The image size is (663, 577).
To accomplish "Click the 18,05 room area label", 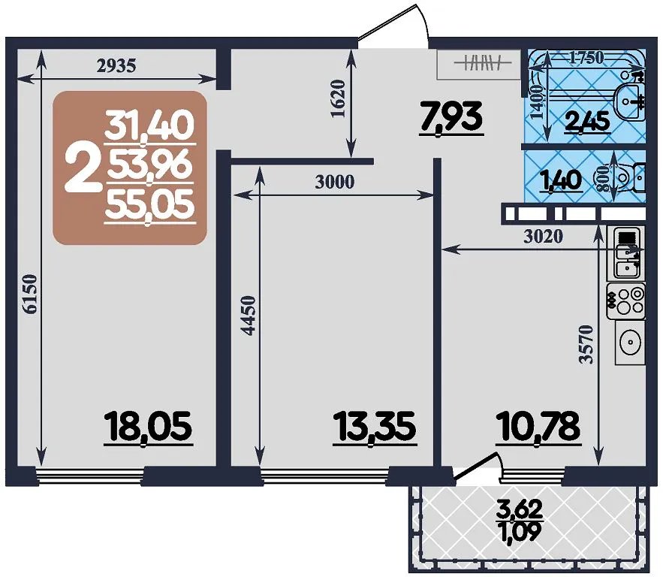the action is [149, 427].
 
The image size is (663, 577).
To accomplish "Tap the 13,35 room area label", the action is [375, 427].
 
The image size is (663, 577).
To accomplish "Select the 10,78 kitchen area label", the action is [538, 427].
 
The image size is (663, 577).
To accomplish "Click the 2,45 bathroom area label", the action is [588, 122].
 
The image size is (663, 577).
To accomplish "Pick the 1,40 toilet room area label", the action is [562, 180].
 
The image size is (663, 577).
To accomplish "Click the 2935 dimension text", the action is [116, 65].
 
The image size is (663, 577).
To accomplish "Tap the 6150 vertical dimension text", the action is [31, 294].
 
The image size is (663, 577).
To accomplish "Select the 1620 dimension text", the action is [339, 99].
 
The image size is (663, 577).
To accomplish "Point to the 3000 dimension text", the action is [334, 182].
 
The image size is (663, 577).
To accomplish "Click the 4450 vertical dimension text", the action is [249, 316].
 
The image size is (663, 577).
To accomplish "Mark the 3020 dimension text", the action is [544, 237].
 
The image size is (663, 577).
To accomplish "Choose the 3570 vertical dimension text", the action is [586, 345].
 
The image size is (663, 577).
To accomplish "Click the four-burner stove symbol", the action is [625, 301].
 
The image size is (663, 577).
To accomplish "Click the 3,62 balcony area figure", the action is [520, 509].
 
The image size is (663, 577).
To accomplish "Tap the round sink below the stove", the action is [631, 342].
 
